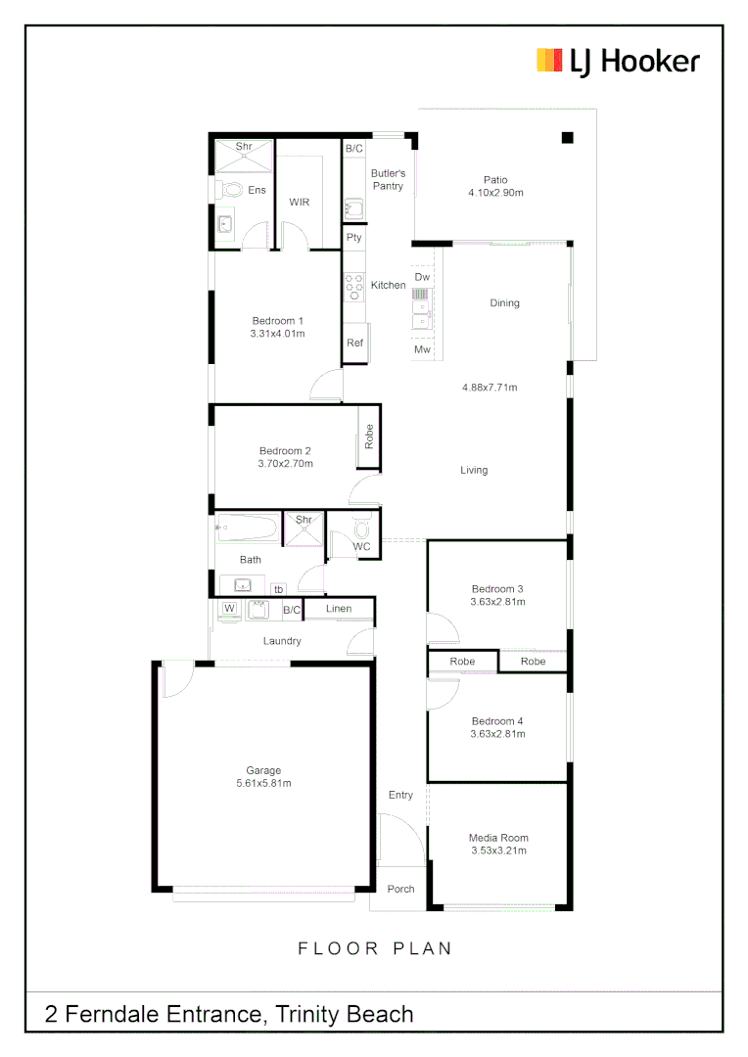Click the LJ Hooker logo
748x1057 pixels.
[618, 61]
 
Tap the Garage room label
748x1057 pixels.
[263, 770]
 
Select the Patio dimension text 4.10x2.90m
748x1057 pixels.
[496, 193]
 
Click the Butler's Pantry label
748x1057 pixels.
[388, 179]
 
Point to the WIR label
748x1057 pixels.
[300, 202]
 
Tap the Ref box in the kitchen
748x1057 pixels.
[354, 343]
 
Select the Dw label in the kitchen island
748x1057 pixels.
[422, 278]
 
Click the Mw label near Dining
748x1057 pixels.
[422, 349]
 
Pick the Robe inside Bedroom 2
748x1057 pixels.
[369, 437]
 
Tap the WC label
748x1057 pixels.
[362, 546]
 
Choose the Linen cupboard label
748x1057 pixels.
[339, 609]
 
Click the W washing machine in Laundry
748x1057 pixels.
[230, 609]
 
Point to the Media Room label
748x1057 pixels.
[498, 838]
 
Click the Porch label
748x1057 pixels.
[400, 889]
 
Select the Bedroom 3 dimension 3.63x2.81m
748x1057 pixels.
[498, 602]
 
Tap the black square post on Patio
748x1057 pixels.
[567, 138]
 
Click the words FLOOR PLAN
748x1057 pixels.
[375, 947]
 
